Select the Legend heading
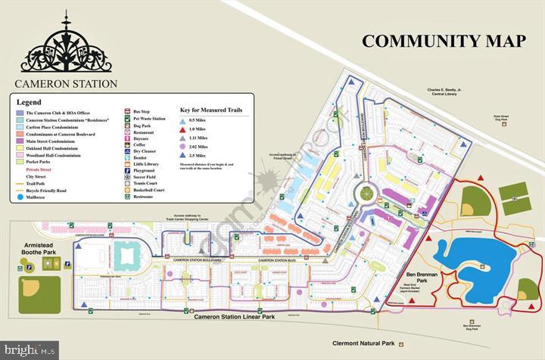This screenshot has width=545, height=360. (x=30, y=101)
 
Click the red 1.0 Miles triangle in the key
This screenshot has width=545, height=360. (x=184, y=130)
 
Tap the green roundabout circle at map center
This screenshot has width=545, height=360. (x=367, y=194)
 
